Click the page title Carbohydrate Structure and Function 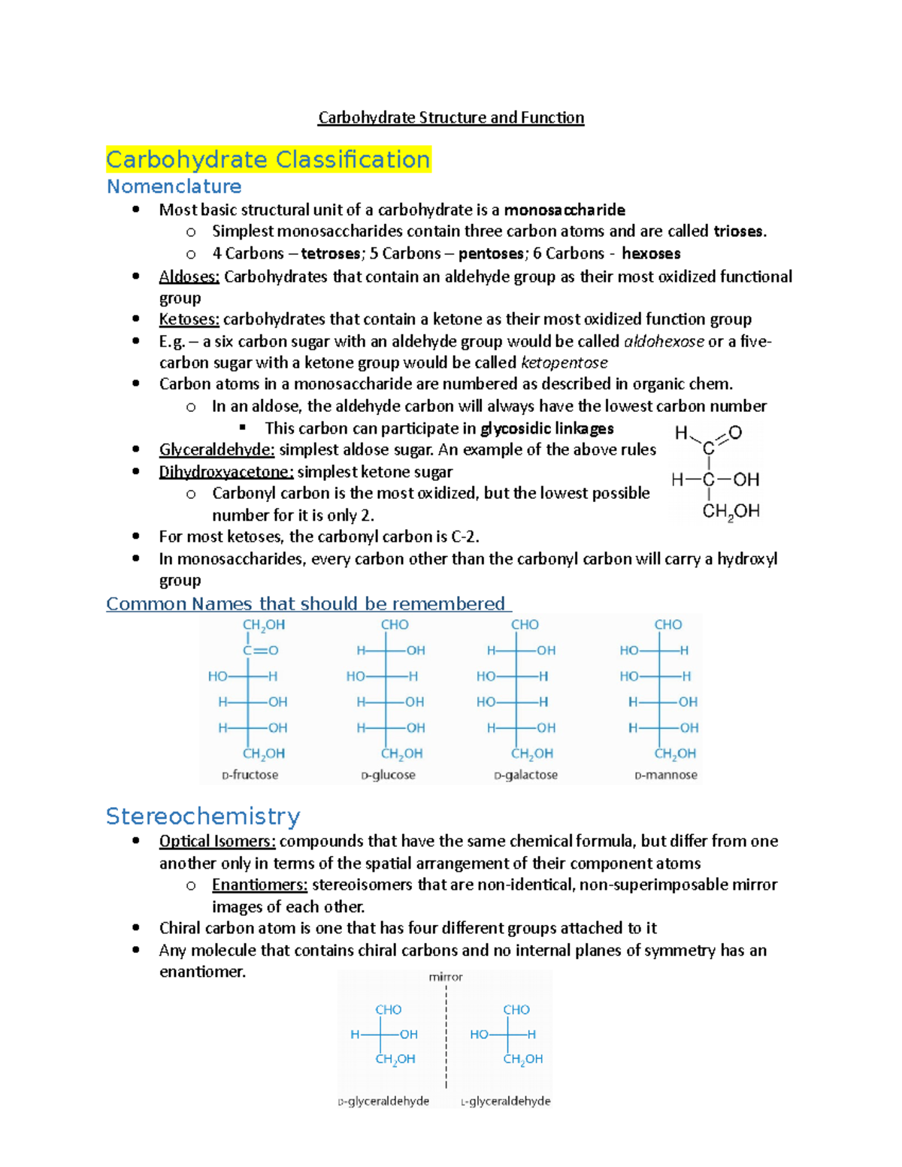click(x=450, y=117)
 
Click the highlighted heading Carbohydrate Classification click(x=268, y=159)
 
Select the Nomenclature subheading click(x=174, y=186)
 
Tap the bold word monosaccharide click(x=564, y=210)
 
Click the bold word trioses click(x=739, y=231)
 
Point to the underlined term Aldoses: click(x=189, y=277)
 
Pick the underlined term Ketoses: click(x=189, y=319)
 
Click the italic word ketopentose click(x=564, y=363)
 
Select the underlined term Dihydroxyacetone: click(x=225, y=472)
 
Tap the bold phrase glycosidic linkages click(x=546, y=428)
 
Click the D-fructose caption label click(x=250, y=775)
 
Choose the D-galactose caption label click(x=525, y=775)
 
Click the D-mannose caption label click(x=666, y=775)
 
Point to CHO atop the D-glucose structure click(x=395, y=624)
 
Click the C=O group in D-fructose click(x=260, y=650)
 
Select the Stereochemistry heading click(x=203, y=816)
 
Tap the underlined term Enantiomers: click(x=259, y=884)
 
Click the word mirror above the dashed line click(x=446, y=977)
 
